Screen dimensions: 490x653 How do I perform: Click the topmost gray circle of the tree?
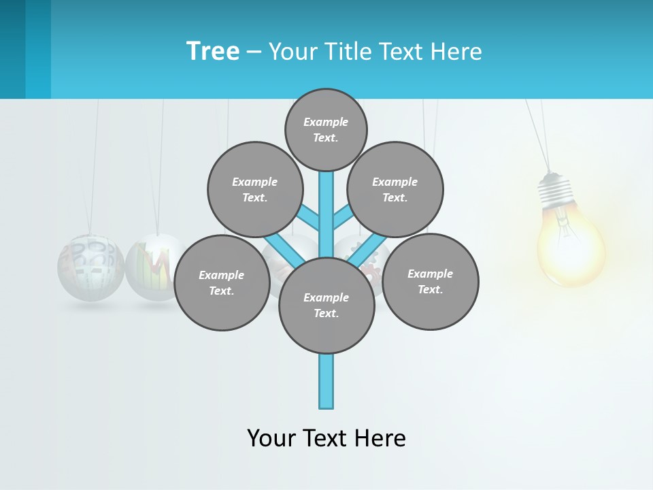(326, 129)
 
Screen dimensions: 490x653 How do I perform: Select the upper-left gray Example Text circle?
(255, 189)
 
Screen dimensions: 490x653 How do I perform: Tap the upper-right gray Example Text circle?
(395, 189)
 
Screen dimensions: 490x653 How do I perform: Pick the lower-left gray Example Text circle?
(222, 282)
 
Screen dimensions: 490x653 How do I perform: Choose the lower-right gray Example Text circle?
(431, 281)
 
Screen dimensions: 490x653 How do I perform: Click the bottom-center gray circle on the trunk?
(326, 305)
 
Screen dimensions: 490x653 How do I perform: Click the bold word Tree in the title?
(213, 51)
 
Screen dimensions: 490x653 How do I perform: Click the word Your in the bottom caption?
(272, 438)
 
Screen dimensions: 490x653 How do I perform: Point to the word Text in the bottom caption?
(324, 438)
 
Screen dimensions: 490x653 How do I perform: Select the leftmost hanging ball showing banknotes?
(91, 267)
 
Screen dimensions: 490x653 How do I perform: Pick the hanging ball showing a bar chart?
(155, 267)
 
